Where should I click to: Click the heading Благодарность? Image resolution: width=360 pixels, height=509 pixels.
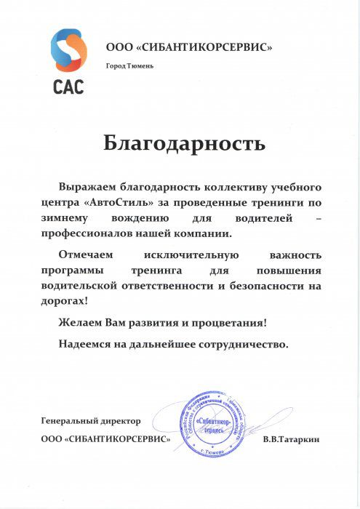(184, 143)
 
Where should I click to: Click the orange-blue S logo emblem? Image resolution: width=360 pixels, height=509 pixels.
(68, 50)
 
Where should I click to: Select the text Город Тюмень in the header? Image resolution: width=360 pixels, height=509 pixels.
(129, 66)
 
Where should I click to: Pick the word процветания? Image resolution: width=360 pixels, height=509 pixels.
(230, 321)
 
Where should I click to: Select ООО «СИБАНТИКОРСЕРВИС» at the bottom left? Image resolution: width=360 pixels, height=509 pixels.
(107, 440)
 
